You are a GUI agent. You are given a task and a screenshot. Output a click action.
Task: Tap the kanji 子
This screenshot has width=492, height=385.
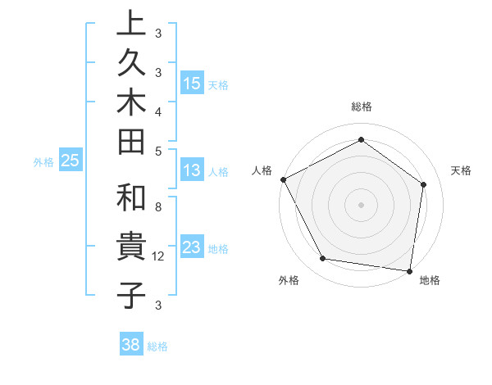click(x=131, y=293)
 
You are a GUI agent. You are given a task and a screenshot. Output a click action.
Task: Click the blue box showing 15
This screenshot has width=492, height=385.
click(x=192, y=84)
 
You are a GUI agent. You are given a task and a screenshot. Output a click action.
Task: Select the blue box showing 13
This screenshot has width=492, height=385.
click(x=192, y=171)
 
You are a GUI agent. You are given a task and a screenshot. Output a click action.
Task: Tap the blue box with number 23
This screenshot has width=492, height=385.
click(x=192, y=247)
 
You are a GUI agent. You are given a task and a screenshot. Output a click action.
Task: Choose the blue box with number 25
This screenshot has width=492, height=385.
click(x=71, y=161)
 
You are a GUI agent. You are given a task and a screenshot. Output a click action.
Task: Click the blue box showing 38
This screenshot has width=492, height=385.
click(x=131, y=345)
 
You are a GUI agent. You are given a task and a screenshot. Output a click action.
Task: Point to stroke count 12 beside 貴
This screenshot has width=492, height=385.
click(x=159, y=256)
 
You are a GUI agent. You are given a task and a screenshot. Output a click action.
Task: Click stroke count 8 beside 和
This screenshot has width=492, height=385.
click(x=157, y=208)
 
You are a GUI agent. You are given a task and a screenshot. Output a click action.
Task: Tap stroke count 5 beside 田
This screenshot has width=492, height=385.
click(x=157, y=151)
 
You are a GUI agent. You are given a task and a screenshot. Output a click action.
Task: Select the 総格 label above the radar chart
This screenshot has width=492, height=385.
click(x=361, y=106)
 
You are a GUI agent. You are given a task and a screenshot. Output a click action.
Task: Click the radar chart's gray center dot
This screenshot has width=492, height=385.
click(x=361, y=204)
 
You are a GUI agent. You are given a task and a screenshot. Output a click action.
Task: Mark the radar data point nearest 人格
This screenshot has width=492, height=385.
click(x=283, y=179)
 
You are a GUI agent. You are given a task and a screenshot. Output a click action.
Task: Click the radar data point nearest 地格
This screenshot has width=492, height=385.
click(x=410, y=270)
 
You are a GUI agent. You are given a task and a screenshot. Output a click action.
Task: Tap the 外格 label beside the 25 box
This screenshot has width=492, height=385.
click(x=43, y=162)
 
